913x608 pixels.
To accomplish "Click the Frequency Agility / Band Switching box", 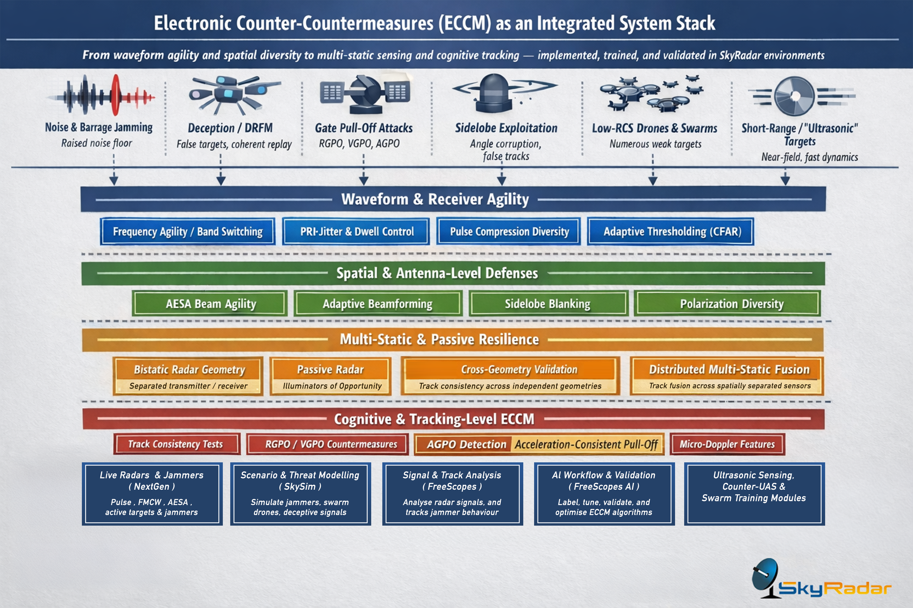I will (187, 231).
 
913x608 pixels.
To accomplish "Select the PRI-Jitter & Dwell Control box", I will (356, 231).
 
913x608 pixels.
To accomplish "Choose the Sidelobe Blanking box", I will (548, 304).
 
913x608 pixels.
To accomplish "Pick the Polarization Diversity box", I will (732, 304).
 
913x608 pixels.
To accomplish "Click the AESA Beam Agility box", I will (210, 304).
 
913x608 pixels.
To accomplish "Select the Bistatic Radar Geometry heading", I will (189, 369).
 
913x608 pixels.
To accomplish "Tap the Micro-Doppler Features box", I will (727, 444).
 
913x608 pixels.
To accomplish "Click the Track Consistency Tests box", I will (176, 444).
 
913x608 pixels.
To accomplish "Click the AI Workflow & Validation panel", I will (604, 494).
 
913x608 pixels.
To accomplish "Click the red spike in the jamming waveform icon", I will (116, 95).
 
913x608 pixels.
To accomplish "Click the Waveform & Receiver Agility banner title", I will (435, 199).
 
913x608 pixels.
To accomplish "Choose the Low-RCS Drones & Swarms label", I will (654, 128).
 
